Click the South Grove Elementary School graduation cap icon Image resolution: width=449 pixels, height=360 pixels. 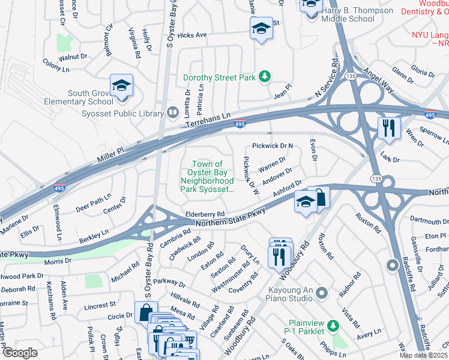[121, 86]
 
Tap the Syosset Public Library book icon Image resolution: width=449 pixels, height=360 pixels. [173, 112]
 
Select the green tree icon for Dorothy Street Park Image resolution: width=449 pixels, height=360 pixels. [264, 77]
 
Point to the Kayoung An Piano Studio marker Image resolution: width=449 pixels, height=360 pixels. [322, 293]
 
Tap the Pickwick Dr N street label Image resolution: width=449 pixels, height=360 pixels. [273, 146]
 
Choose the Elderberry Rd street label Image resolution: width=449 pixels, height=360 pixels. [205, 214]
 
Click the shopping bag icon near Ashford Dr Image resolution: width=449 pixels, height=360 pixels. [321, 197]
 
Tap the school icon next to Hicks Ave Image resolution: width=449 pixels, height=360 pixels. [261, 28]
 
